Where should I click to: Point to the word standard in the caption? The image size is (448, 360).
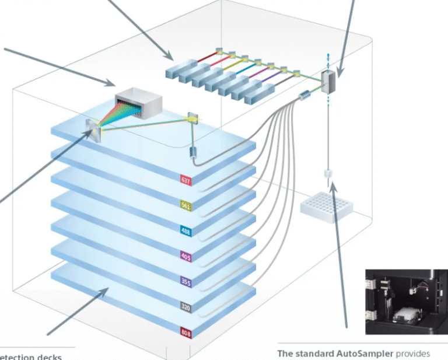coord(316,354)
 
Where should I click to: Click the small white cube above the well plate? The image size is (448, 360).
coord(327,173)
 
